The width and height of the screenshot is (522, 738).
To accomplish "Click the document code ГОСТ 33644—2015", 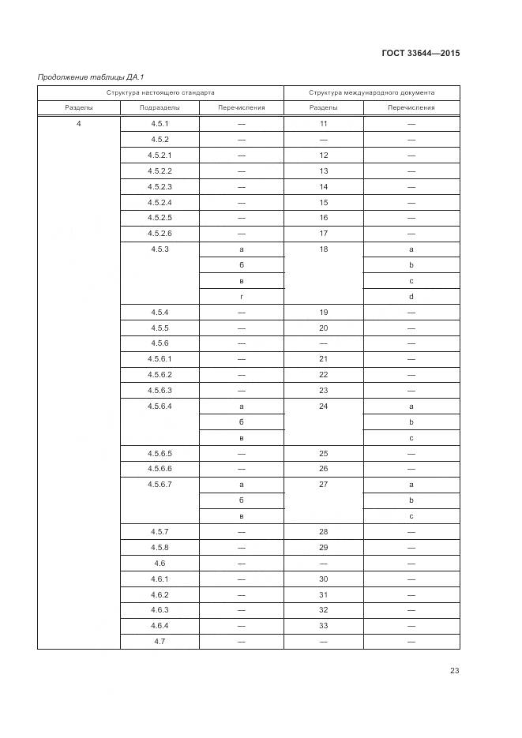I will [x=421, y=54].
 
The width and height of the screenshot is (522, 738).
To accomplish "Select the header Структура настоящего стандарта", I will [x=160, y=92].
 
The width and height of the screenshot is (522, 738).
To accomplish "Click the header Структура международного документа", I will [x=371, y=92].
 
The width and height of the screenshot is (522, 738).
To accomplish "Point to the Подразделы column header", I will [x=159, y=108].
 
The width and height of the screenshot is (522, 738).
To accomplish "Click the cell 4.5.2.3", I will [x=159, y=186].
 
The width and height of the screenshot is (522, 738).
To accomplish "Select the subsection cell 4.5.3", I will [x=159, y=249].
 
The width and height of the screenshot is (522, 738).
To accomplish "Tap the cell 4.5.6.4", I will [x=159, y=406].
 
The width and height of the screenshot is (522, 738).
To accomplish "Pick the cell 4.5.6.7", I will [x=159, y=484].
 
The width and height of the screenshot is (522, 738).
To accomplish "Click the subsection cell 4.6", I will [x=159, y=563].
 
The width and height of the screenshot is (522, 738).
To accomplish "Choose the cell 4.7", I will [x=159, y=641].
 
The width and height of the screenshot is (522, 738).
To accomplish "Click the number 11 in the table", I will [x=323, y=124].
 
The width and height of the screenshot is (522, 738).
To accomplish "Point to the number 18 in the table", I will [x=323, y=249].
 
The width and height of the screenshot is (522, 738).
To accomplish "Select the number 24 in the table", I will [x=323, y=406].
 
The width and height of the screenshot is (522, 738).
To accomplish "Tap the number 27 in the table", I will [x=323, y=484].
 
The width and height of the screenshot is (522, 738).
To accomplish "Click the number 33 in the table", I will [x=323, y=625].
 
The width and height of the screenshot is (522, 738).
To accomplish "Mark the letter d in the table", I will [x=411, y=296].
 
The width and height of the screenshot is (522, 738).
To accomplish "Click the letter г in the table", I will [x=241, y=296].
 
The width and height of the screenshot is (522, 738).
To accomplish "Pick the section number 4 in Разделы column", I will [x=78, y=124].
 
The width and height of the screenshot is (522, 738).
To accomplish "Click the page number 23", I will [x=454, y=670].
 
